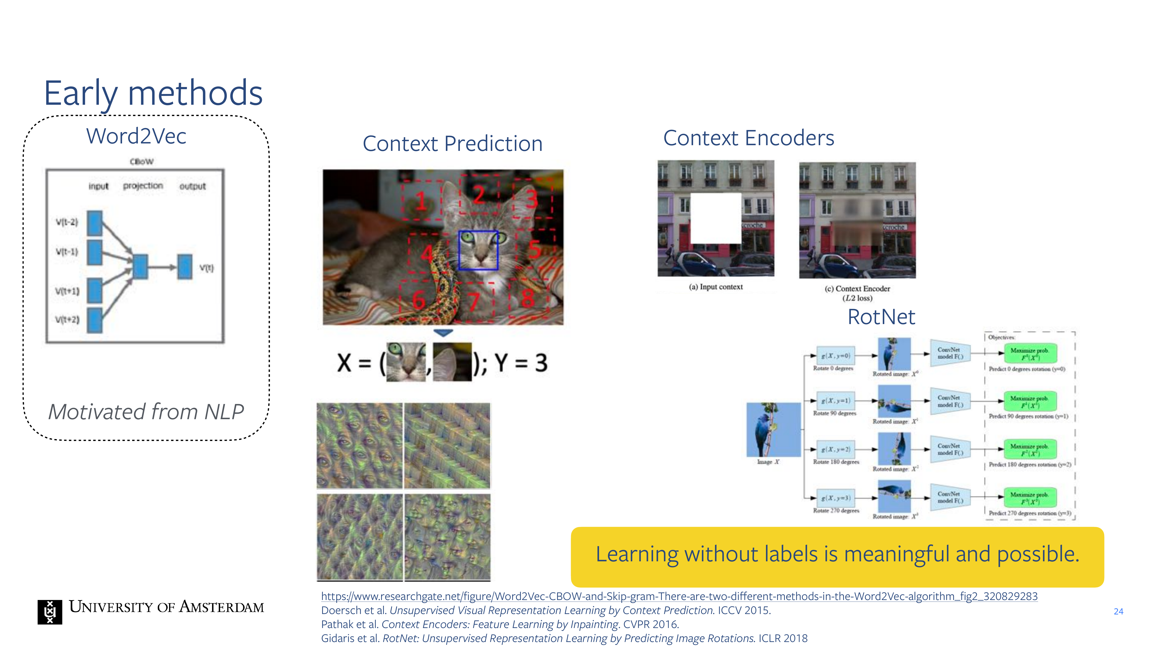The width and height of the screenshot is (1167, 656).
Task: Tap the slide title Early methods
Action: [x=153, y=93]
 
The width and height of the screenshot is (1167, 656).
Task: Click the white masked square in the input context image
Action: [x=716, y=218]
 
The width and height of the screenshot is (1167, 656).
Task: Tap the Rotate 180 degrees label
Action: [x=836, y=462]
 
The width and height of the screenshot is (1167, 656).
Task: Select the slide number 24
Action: [x=1118, y=612]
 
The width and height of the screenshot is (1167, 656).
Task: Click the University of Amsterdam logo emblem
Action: [x=50, y=612]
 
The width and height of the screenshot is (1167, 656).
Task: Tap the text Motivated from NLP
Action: [x=146, y=412]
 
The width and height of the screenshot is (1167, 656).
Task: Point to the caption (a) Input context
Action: [x=716, y=287]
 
